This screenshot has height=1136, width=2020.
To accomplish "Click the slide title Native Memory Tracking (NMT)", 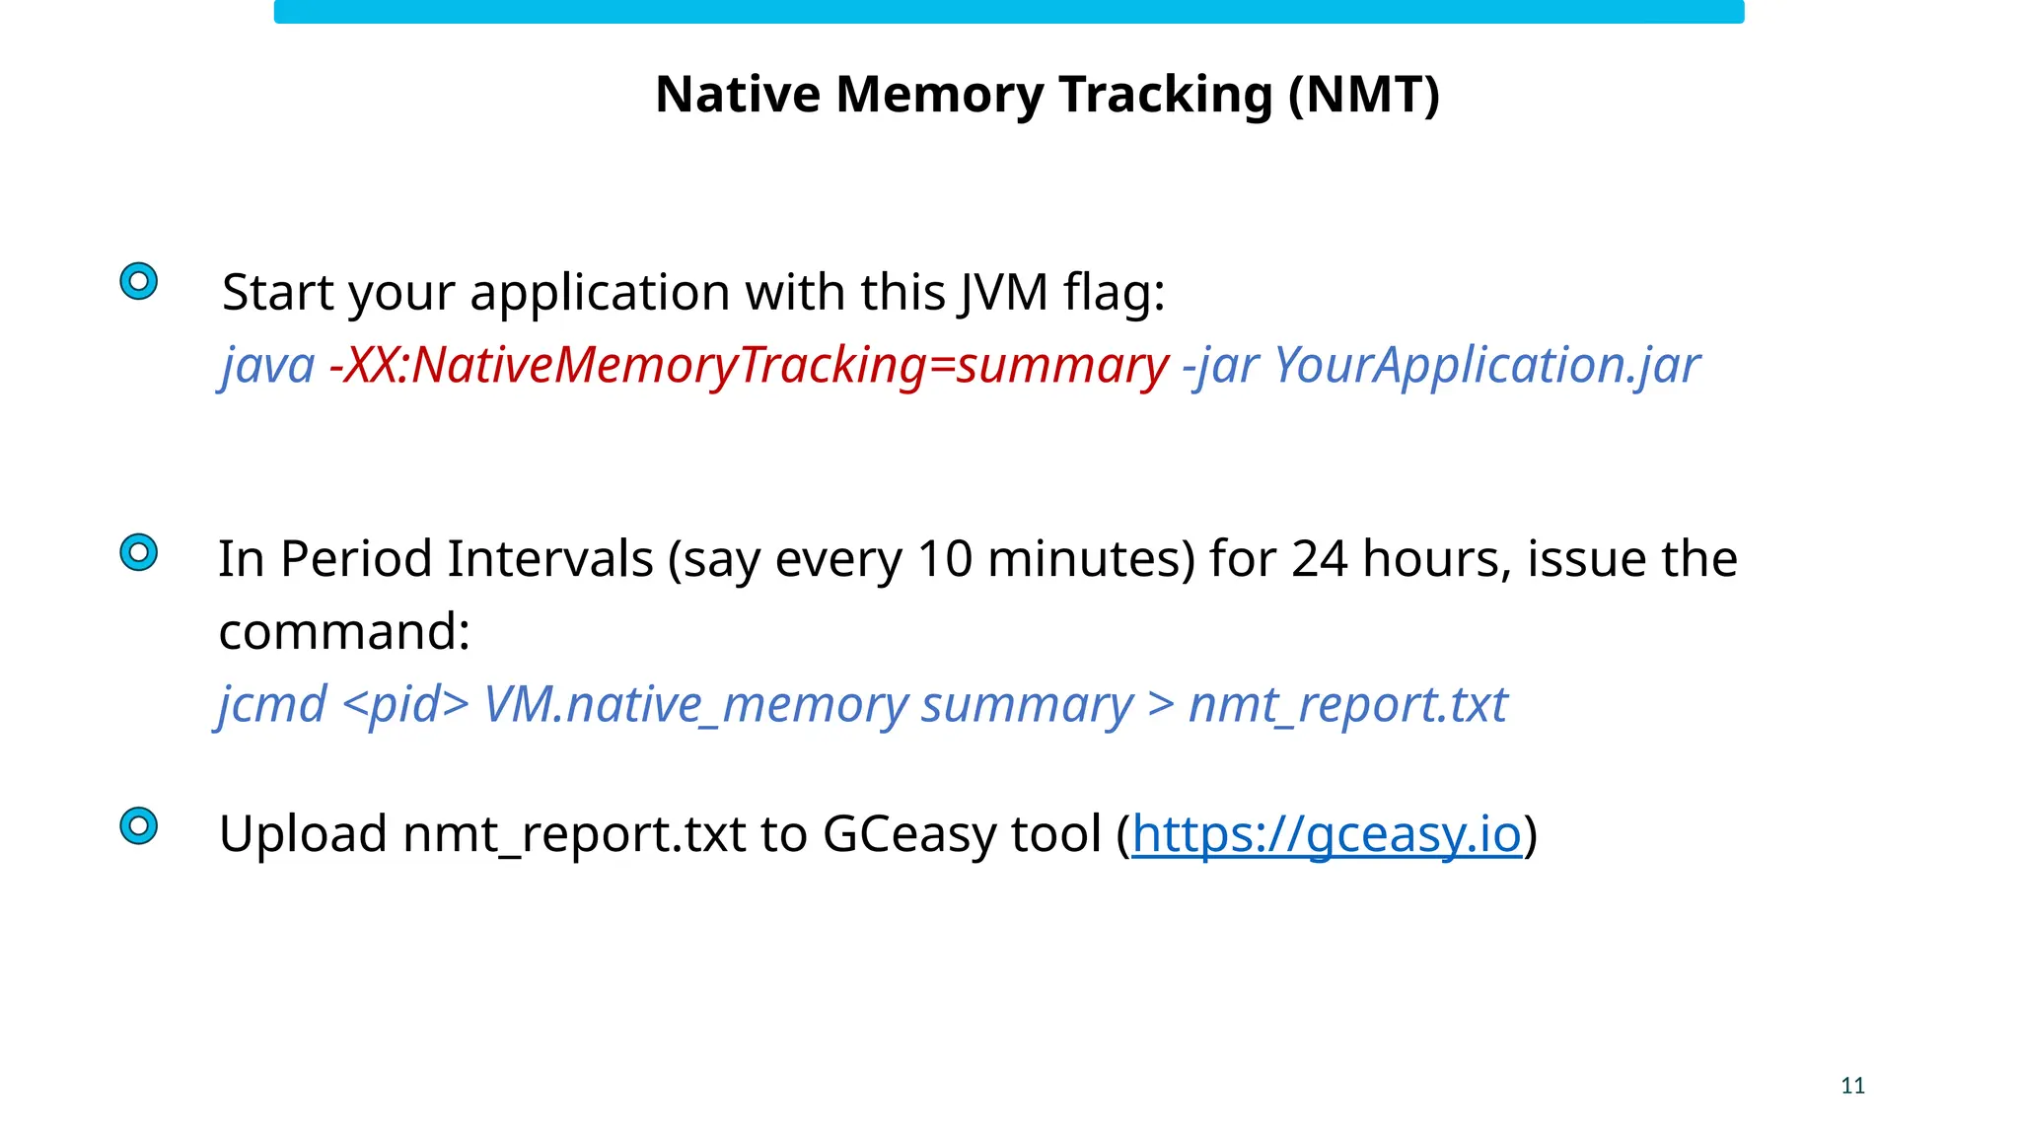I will coord(1047,96).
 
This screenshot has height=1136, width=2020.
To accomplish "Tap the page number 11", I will coord(1852,1086).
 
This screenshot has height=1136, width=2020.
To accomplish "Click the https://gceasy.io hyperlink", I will coord(1327,834).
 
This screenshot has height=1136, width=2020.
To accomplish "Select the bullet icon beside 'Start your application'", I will coord(139,281).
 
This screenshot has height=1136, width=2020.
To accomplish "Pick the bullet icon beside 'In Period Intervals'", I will coord(139,552).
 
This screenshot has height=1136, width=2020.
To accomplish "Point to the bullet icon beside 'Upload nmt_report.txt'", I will coord(139,825).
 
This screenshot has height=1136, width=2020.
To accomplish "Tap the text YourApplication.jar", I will coord(1486,366).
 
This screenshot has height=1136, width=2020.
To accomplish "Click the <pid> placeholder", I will coord(405,705).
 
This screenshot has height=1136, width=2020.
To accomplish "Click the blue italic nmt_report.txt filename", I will coord(1347,705).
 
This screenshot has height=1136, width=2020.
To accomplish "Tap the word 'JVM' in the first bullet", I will coord(1002,293).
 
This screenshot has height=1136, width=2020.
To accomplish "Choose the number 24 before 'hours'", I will coord(1320,559).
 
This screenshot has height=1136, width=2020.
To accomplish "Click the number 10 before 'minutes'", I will coord(945,559).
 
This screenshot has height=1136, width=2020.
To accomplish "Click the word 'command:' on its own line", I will coord(344,632).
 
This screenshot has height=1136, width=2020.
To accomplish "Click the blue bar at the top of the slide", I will coord(1008,11).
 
